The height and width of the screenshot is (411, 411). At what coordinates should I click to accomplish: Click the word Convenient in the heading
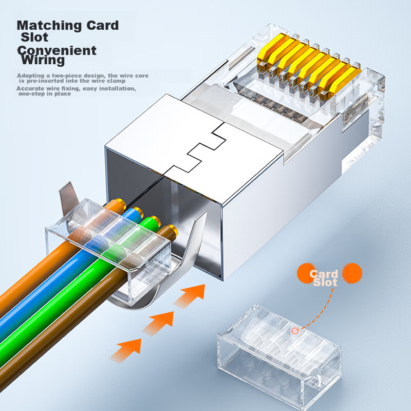pyautogui.click(x=57, y=50)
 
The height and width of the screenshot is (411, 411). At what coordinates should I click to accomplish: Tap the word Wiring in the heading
pyautogui.click(x=44, y=60)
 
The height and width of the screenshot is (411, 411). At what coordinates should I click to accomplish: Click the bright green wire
pyautogui.click(x=62, y=313)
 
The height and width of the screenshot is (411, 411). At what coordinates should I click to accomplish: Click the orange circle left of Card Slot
pyautogui.click(x=306, y=272)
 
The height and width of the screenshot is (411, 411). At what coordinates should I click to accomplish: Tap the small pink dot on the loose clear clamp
pyautogui.click(x=295, y=331)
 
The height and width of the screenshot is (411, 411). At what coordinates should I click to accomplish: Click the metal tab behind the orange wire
pyautogui.click(x=67, y=195)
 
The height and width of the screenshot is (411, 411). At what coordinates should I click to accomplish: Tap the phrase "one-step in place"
pyautogui.click(x=44, y=94)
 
